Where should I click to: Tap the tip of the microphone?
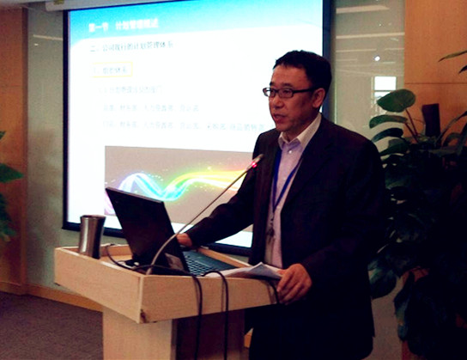pyautogui.click(x=256, y=160)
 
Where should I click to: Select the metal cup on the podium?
pyautogui.click(x=91, y=236)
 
